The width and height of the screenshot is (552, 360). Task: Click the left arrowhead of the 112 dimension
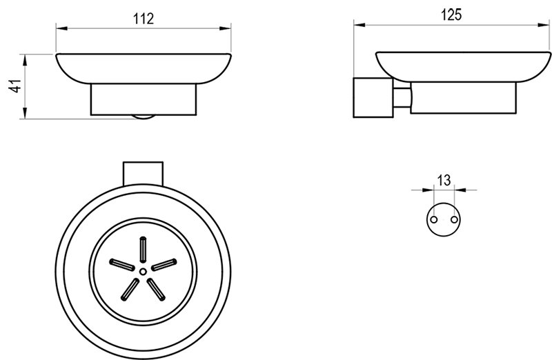pos(59,28)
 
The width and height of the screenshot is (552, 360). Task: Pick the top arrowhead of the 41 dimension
pos(26,57)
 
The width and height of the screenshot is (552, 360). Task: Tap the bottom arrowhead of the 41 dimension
pos(26,115)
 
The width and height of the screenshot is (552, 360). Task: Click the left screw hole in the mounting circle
pos(434,219)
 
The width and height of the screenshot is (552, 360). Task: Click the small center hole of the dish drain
pos(142,272)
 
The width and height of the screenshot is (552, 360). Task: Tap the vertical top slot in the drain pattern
pos(143,249)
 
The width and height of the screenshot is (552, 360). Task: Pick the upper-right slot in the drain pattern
pos(164,263)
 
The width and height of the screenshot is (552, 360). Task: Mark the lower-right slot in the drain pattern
pos(155,290)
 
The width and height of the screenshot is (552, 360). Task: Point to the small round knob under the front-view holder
pos(143,118)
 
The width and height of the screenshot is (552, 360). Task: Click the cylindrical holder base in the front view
pos(143,99)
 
